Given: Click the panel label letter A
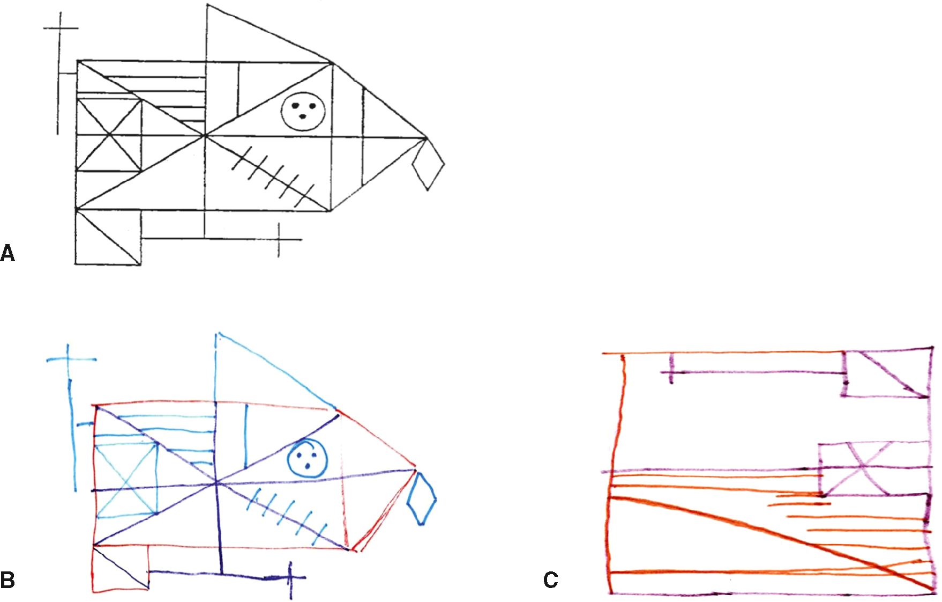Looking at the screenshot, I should coord(8,253).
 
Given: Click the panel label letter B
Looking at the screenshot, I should coord(8,580).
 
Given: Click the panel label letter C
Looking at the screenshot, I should coord(550,580).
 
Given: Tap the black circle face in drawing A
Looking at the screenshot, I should coord(303,111).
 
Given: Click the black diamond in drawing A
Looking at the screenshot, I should coord(428,163).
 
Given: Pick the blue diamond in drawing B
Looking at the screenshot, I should coord(421,499).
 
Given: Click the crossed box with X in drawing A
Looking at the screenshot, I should coord(109,134).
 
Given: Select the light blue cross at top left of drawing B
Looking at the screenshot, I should coord(69,359).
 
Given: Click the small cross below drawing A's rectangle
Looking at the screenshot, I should coord(279,239).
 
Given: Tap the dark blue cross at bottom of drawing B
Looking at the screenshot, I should coord(290,578).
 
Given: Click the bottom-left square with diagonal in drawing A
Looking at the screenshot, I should coord(108,237).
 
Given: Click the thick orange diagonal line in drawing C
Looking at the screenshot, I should coord(772,544).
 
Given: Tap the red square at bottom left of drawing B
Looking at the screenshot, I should coord(121,569).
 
